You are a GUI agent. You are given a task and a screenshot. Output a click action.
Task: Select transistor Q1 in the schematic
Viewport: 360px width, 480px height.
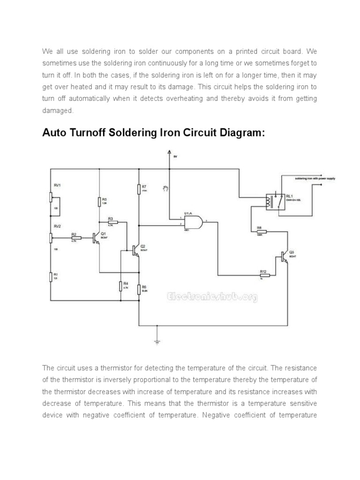click(x=97, y=238)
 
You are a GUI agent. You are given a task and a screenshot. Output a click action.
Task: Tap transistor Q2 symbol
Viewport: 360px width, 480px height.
click(x=136, y=250)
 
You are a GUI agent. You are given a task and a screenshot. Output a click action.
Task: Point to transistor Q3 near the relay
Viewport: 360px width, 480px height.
click(x=285, y=256)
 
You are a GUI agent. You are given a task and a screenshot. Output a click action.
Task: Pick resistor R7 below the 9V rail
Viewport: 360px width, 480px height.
click(x=139, y=189)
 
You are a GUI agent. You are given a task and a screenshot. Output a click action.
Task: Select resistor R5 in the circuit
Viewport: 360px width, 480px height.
click(x=99, y=202)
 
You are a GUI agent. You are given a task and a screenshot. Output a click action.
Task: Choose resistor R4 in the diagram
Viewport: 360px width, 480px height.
click(x=121, y=285)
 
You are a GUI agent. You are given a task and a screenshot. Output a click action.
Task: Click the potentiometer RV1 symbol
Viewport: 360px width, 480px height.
click(x=51, y=196)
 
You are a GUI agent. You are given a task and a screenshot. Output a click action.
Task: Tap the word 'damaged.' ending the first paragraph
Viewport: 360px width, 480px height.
click(x=58, y=111)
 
